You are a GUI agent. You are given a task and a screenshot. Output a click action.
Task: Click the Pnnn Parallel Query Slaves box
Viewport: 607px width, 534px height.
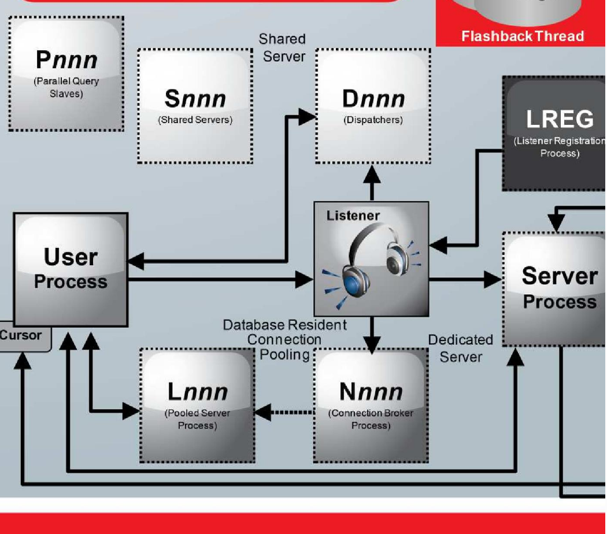tap(66, 73)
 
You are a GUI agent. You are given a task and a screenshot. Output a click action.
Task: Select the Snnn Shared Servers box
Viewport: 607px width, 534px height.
tap(195, 106)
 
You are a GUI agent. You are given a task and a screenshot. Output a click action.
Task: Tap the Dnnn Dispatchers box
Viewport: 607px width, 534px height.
tap(373, 106)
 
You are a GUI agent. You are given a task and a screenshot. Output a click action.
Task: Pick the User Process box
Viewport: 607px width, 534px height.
tap(71, 269)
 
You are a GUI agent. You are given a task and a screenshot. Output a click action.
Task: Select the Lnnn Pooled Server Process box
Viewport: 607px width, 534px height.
tap(197, 405)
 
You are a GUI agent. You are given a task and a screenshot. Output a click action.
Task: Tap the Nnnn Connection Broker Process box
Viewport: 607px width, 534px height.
tap(371, 405)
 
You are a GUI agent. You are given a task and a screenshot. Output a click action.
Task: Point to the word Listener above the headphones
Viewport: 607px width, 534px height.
tap(353, 216)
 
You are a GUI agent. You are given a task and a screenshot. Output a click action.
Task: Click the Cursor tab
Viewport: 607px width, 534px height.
tap(22, 336)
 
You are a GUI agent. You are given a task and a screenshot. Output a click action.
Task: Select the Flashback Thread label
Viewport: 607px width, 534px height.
tap(522, 36)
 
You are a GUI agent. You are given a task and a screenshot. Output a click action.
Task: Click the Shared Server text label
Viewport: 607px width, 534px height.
tap(283, 47)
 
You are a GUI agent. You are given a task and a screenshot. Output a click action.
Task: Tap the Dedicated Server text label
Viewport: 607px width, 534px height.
tap(460, 348)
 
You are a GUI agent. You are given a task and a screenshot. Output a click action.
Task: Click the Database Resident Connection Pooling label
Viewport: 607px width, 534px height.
tap(284, 340)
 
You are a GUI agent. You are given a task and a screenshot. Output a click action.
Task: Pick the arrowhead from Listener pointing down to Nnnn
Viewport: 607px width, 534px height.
tap(371, 344)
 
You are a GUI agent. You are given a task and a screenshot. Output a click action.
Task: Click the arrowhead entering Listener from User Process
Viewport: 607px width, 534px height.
tap(304, 280)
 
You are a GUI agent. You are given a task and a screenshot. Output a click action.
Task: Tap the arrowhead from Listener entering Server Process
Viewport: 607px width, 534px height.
tap(493, 280)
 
